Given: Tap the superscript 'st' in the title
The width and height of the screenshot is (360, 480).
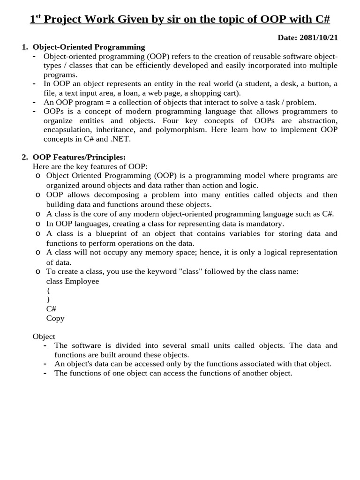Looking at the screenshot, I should click(x=38, y=16).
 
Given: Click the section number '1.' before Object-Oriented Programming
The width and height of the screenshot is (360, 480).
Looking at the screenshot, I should click(x=25, y=47).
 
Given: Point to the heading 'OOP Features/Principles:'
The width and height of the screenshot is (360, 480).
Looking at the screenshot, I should click(x=79, y=157).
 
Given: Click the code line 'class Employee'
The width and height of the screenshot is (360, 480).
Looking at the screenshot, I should click(x=73, y=281).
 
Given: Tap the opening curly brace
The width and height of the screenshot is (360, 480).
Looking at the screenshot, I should click(x=48, y=291).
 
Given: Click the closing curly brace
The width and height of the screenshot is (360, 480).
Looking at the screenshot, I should click(x=48, y=300).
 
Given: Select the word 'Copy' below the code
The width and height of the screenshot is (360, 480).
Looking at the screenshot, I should click(x=55, y=318).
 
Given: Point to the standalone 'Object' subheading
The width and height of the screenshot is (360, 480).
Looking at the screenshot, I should click(x=44, y=337).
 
